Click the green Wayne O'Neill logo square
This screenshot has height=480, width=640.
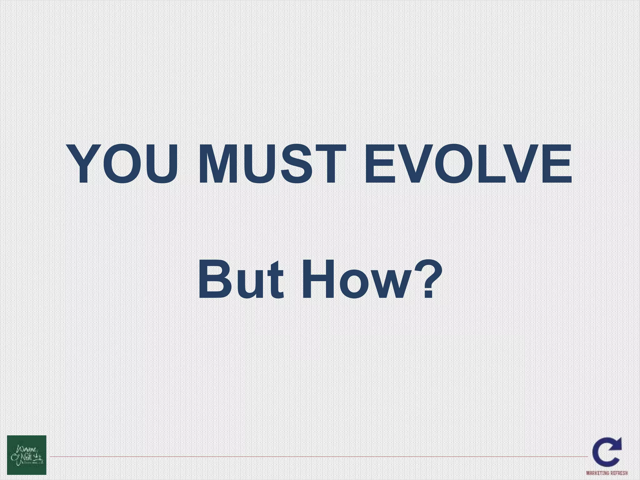click(x=27, y=455)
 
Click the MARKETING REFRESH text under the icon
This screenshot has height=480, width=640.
click(x=607, y=473)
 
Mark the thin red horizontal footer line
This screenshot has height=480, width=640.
click(x=312, y=457)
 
